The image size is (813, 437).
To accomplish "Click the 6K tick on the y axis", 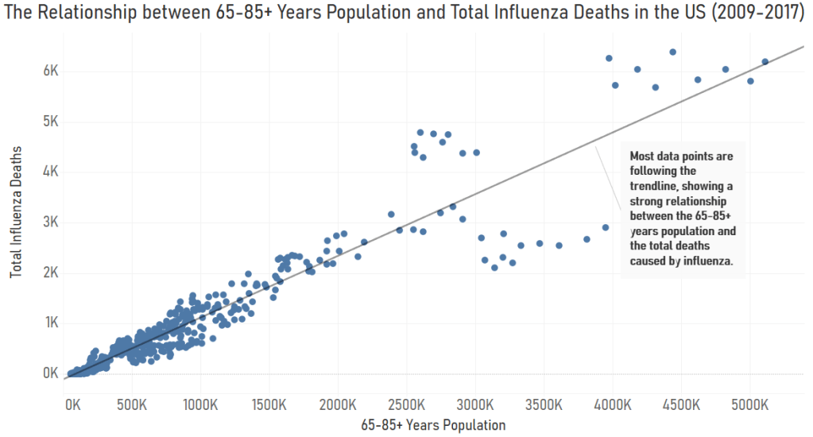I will (x=51, y=71).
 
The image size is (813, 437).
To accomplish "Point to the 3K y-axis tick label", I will (x=51, y=222).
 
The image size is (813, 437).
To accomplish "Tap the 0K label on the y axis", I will (x=51, y=373).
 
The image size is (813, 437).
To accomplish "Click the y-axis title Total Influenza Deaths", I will (x=16, y=211).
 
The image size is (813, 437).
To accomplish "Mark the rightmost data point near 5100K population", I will (x=765, y=61).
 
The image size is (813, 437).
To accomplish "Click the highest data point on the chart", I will (x=672, y=52).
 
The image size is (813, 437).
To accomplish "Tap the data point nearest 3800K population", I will (x=587, y=239).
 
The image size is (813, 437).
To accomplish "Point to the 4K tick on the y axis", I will (x=51, y=171).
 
